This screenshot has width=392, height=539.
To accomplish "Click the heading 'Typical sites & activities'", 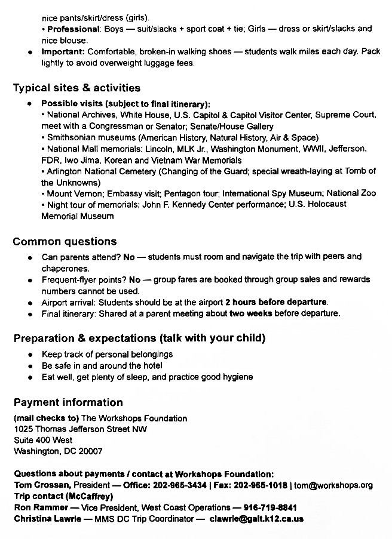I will pos(76,88).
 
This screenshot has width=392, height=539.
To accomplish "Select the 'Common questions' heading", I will pos(65,242).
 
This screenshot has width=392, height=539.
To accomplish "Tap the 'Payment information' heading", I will pos(68,402).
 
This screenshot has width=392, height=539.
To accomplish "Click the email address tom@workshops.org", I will pos(341,485).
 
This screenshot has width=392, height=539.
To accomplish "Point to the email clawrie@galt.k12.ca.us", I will pos(256,519).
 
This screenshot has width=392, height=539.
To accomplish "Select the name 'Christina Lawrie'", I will pos(45,519).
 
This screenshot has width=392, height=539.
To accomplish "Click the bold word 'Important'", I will pos(63,52).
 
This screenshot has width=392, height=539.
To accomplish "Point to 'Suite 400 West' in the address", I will pos(43,440).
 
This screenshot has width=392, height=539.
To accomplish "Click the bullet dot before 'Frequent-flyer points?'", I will pos(30,279).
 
